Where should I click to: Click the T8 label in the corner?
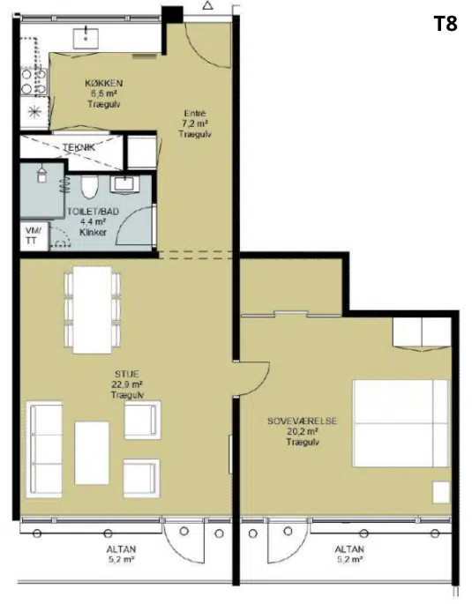tap(446, 24)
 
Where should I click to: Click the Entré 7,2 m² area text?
tap(195, 123)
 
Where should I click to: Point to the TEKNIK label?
tap(79, 146)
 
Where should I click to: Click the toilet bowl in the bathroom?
tap(89, 186)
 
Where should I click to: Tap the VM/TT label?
tap(32, 235)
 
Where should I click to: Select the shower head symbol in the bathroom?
tap(41, 174)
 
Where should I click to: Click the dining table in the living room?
tap(93, 309)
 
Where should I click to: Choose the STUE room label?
tap(127, 374)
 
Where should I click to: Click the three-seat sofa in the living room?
tap(44, 449)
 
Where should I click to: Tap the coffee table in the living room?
tap(92, 452)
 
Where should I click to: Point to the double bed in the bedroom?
tap(401, 424)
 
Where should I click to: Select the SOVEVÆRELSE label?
tap(302, 421)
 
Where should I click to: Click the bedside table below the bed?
tap(441, 492)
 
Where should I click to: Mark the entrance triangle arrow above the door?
tap(208, 5)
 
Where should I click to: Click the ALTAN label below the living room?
tap(121, 549)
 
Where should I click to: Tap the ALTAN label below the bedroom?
tap(349, 549)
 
